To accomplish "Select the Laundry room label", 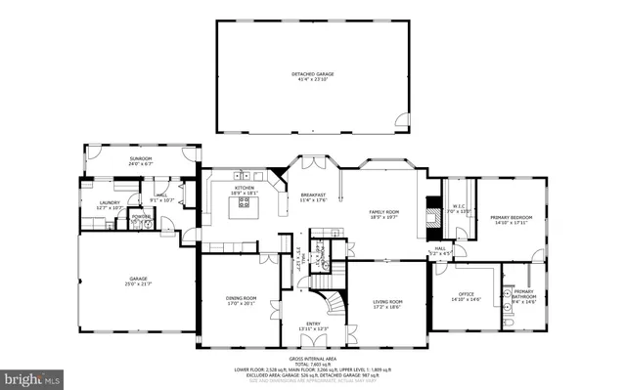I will pos(109,202).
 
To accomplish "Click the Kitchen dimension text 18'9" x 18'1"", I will pos(244,193).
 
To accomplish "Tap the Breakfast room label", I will pos(313,195).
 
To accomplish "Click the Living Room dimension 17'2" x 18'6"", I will pos(388,307).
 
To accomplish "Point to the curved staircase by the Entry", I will pos(335,300).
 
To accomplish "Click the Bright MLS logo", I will pos(31,376).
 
